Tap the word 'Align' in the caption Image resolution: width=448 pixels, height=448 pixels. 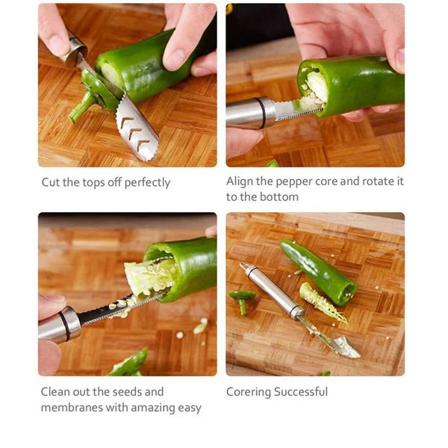(x=241, y=181)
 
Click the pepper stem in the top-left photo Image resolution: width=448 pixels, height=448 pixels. (x=81, y=109)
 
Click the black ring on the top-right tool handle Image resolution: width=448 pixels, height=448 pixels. (x=262, y=112)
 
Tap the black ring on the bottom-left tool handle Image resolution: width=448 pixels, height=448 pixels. (x=68, y=325)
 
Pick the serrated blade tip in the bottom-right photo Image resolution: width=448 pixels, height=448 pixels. (x=345, y=347)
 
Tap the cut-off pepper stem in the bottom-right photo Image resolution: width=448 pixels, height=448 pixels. (x=242, y=300)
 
